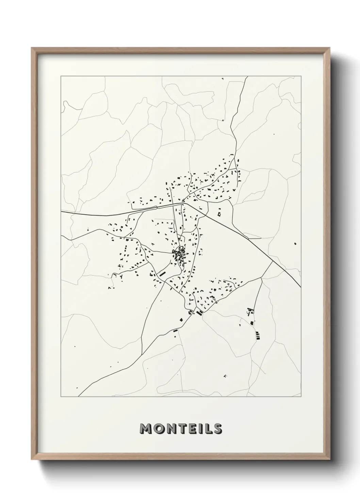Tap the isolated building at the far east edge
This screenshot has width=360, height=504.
[x=295, y=243]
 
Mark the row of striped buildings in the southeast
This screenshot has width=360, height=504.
[x=258, y=335]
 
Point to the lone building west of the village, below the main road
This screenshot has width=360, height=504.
[x=88, y=230]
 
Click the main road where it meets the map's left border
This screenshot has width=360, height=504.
[x=61, y=212]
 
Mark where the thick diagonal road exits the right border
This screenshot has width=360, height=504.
[x=301, y=287]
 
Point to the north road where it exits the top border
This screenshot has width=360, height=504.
[x=247, y=77]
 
